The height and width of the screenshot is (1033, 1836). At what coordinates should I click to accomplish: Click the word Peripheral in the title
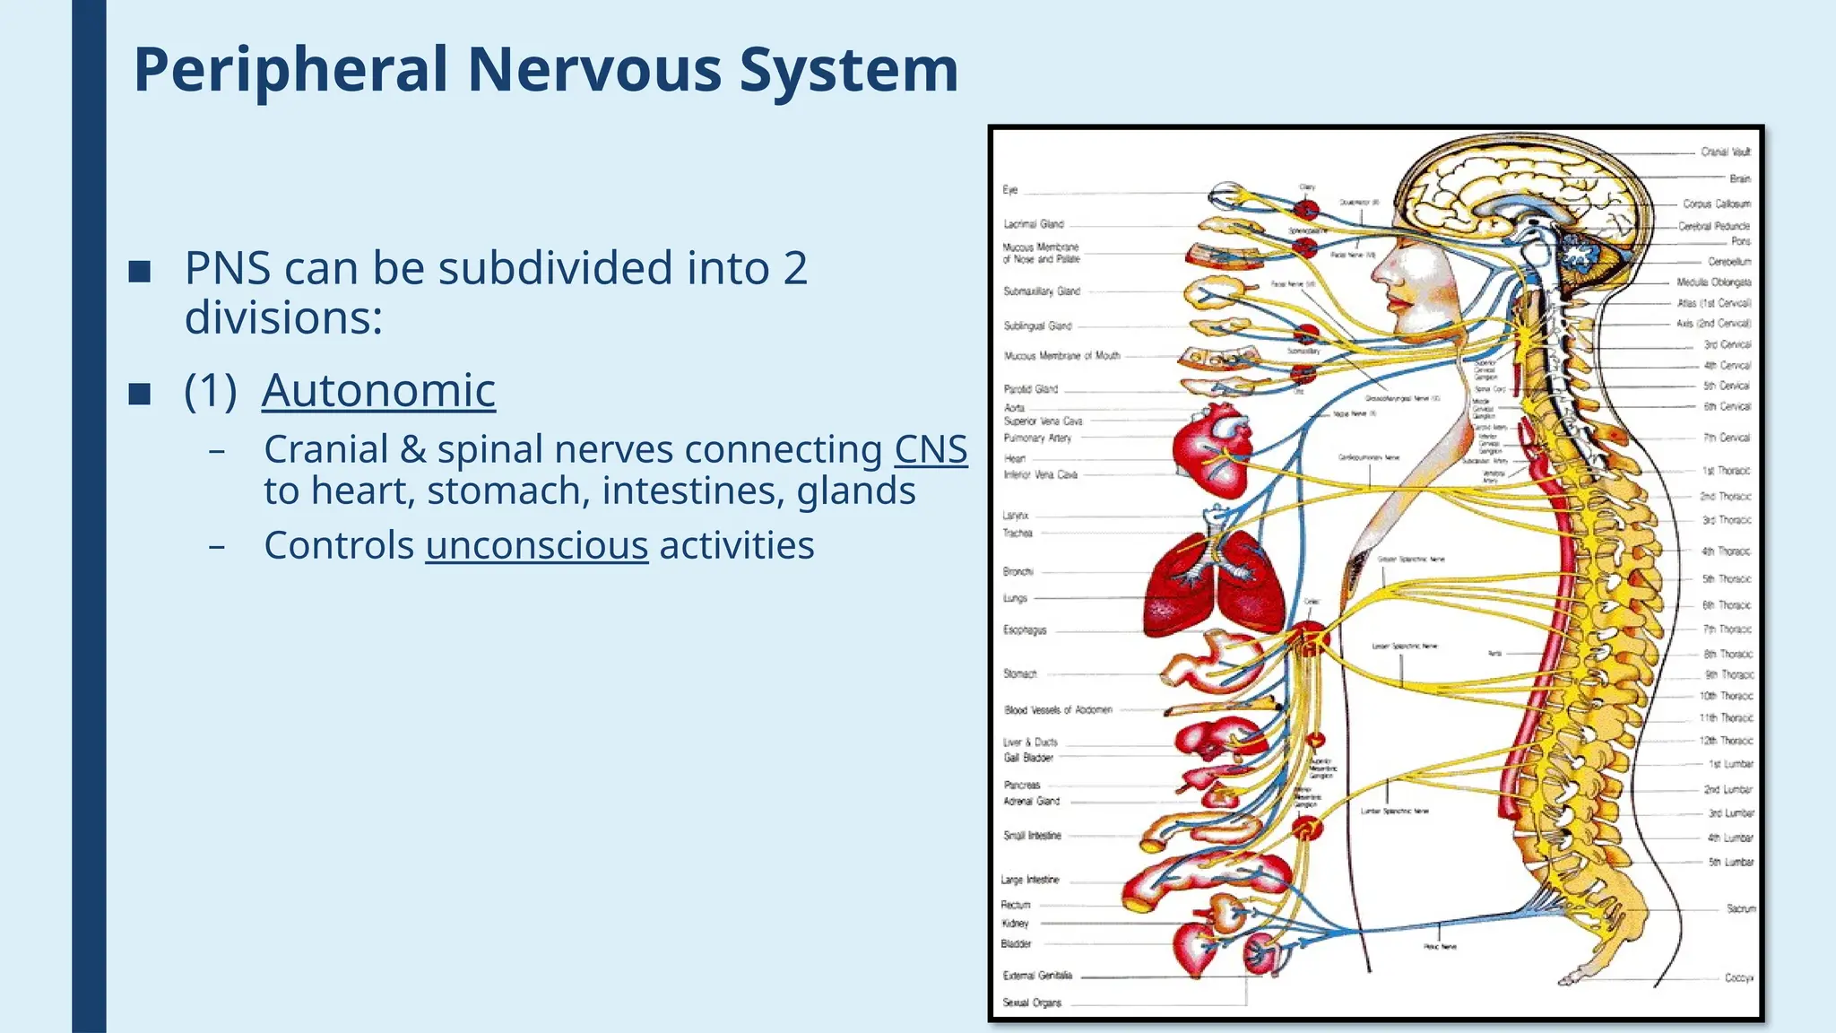click(x=290, y=70)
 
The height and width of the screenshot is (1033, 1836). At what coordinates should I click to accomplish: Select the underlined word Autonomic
click(x=378, y=391)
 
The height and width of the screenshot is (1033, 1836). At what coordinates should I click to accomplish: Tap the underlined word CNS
click(x=931, y=449)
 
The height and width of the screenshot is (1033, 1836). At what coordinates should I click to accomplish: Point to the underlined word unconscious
click(x=536, y=545)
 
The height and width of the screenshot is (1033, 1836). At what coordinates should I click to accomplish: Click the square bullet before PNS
click(x=140, y=271)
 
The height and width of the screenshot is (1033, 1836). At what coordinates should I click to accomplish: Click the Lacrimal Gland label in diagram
click(x=1034, y=224)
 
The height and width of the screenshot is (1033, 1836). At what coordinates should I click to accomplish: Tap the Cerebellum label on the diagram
click(x=1728, y=262)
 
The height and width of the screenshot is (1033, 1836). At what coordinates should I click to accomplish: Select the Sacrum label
click(x=1740, y=908)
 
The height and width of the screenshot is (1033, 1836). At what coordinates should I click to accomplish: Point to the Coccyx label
click(x=1738, y=977)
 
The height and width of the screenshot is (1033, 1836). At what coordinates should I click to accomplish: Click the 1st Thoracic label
click(x=1726, y=471)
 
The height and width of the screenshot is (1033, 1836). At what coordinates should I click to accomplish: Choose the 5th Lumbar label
click(x=1730, y=862)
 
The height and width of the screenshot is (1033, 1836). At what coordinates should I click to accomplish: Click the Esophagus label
click(x=1025, y=630)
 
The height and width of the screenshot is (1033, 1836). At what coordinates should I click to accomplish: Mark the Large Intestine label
click(x=1030, y=880)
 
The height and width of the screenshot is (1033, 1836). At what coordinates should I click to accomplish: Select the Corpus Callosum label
click(x=1716, y=204)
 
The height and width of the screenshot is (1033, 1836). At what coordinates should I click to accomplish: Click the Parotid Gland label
click(x=1031, y=389)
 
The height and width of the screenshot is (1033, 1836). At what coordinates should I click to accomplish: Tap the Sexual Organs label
click(x=1032, y=1003)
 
